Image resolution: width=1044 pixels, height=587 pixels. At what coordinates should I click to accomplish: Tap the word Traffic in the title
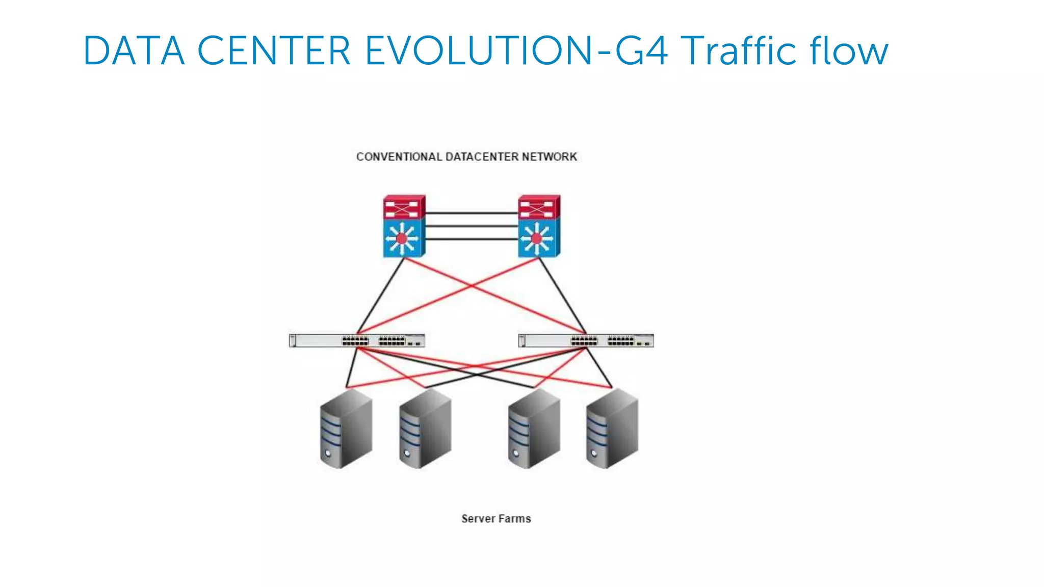coord(738,51)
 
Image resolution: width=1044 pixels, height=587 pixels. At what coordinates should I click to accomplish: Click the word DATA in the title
coord(134,51)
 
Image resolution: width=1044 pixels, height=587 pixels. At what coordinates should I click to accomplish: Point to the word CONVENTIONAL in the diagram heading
coord(399,157)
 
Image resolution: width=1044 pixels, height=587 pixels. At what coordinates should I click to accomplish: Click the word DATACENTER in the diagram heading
coord(482,157)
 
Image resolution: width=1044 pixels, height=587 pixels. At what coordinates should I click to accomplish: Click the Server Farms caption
coord(496,519)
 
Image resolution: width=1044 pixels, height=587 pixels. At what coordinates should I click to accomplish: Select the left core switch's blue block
coord(403,238)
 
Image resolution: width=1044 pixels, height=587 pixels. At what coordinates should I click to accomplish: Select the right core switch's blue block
coord(538,238)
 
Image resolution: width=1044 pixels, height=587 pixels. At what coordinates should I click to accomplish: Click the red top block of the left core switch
coord(403,207)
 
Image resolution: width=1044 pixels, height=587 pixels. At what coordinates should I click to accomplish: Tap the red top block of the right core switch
coord(538,207)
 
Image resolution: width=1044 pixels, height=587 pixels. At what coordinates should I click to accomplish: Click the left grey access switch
coord(357,340)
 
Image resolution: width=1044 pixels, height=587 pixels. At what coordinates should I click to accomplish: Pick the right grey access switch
coord(586,340)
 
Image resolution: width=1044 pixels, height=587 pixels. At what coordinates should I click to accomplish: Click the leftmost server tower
coord(346,429)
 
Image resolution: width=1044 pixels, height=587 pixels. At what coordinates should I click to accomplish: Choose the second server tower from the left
coord(425,429)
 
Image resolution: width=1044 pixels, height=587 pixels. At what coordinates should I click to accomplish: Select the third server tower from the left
coord(534,429)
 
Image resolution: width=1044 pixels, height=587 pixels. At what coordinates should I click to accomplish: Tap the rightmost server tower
coord(612,429)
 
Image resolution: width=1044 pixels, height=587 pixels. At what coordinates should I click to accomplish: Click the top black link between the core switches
coord(472,213)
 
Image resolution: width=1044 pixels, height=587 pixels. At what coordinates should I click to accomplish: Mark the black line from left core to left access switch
coord(381,296)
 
